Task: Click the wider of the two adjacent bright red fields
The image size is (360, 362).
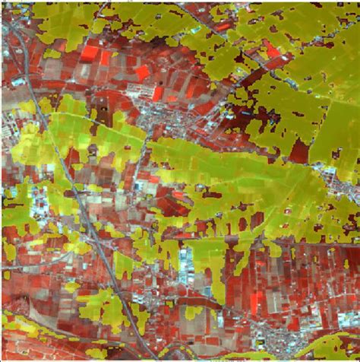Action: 89,53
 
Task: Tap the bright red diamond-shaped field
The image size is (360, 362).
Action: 143,72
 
